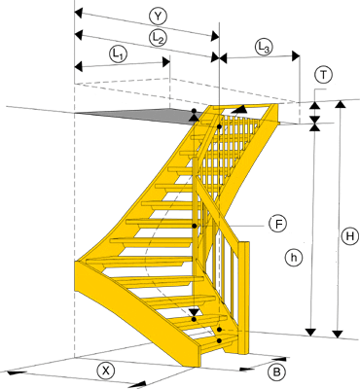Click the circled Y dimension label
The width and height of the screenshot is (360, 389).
(x=158, y=17)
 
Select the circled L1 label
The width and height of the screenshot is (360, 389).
(x=118, y=54)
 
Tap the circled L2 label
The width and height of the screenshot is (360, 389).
(x=158, y=38)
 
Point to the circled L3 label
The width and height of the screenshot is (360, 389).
(x=264, y=48)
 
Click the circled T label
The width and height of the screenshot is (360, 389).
(x=323, y=75)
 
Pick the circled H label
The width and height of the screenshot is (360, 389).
(x=350, y=236)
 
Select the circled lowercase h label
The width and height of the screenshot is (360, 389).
(x=294, y=258)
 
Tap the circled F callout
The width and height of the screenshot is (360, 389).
(x=278, y=224)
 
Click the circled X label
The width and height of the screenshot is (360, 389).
(x=106, y=371)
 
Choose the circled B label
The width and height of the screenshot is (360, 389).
(x=276, y=371)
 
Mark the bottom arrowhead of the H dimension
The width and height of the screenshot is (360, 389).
(x=339, y=334)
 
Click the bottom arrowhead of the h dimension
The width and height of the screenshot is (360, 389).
(x=311, y=333)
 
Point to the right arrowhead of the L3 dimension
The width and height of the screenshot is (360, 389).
(x=295, y=55)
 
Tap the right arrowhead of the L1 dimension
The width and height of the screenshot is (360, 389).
(x=166, y=62)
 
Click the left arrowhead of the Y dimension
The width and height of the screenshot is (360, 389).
(x=79, y=14)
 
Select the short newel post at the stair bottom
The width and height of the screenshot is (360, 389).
(x=244, y=298)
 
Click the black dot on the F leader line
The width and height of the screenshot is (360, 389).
(x=195, y=226)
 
